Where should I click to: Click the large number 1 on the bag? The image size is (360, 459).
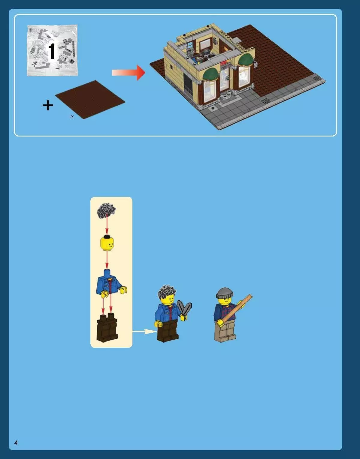(52, 51)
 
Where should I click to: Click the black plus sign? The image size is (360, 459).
(48, 106)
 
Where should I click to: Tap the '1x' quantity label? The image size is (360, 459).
(71, 116)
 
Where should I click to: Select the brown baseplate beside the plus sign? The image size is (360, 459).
(90, 99)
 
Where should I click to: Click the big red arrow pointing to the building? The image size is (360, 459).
(129, 73)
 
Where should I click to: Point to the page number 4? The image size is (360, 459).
(16, 442)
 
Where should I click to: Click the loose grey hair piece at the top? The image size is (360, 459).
(107, 210)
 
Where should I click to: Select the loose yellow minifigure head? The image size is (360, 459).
(107, 244)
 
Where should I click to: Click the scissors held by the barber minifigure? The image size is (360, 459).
(184, 309)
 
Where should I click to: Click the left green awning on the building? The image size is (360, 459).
(211, 74)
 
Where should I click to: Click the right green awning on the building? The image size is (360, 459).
(245, 60)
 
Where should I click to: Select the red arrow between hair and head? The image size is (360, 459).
(107, 226)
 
